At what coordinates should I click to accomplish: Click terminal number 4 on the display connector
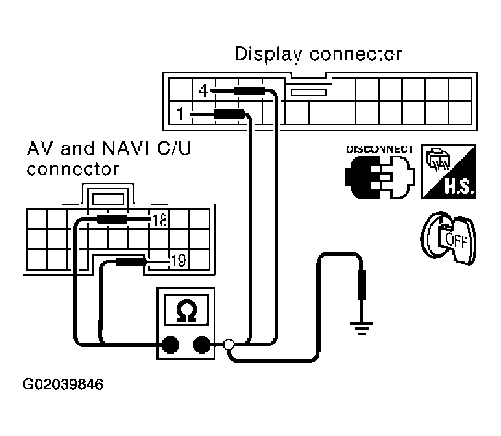pos(203,90)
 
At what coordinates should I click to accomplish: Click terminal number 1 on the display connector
pos(180,114)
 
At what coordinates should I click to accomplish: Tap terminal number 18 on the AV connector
pos(160,220)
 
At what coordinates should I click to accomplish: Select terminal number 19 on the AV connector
pos(178,261)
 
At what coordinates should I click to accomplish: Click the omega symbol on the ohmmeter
pos(186,311)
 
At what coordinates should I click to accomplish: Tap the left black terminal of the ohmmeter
pos(170,344)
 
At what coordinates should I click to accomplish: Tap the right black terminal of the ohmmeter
pos(202,344)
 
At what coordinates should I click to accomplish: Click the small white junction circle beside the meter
pos(228,344)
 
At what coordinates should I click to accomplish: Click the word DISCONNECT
pos(380,149)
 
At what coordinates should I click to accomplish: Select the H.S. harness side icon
pos(449,171)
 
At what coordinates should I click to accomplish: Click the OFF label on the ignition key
pos(456,239)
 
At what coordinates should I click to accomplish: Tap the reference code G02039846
pos(63,384)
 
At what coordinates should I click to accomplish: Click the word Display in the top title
pos(268,54)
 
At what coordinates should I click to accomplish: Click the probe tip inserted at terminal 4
pos(223,90)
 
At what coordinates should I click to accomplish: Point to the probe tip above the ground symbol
pos(361,285)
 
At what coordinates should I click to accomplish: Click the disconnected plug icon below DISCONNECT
pos(380,176)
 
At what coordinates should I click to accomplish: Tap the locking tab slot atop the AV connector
pos(108,199)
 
